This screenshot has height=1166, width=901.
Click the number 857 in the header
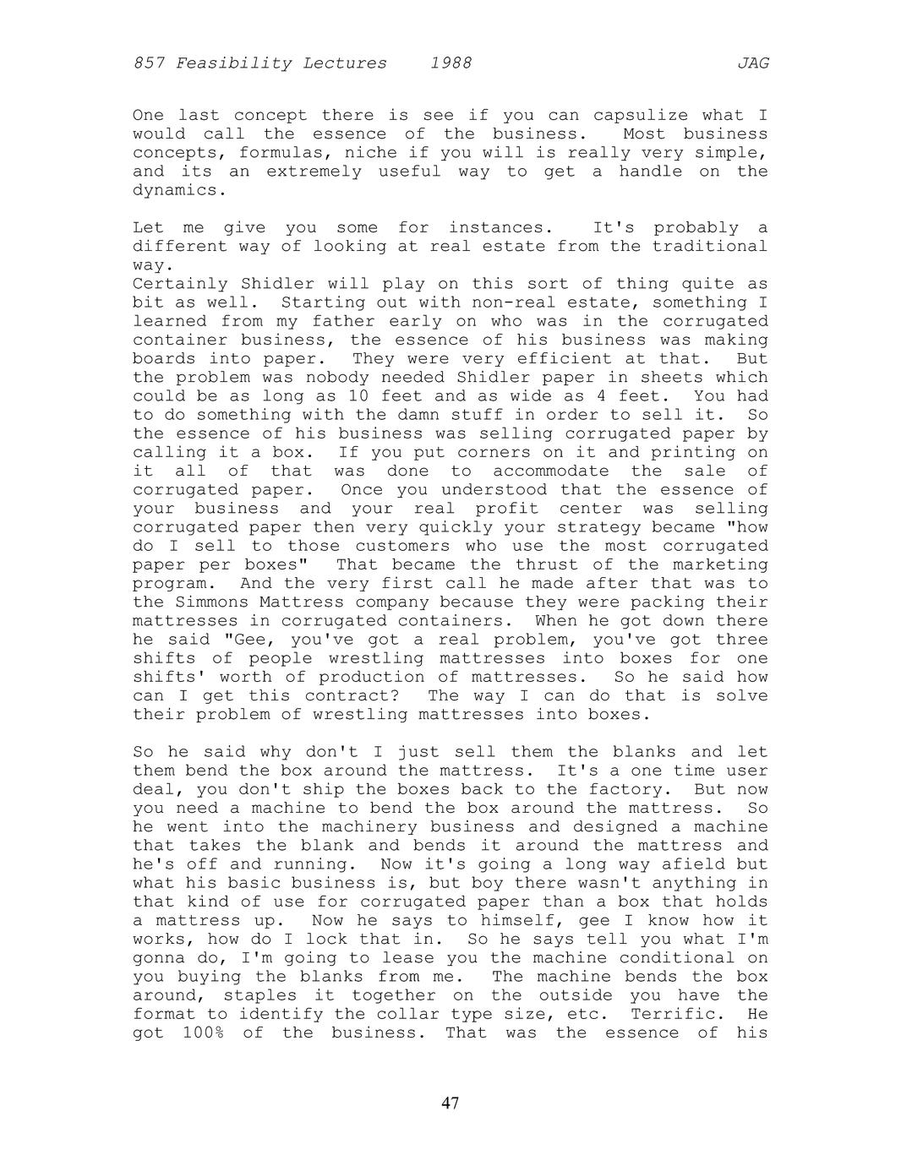pos(149,63)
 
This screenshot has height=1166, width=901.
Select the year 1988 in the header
pos(450,63)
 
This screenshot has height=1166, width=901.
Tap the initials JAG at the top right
pos(752,63)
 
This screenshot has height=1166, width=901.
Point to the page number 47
pos(450,1103)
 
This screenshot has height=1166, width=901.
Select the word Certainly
pos(180,284)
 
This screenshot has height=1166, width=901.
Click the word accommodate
pos(550,471)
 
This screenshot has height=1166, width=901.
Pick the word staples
pos(259,995)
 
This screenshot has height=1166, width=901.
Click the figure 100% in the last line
pos(204,1033)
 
